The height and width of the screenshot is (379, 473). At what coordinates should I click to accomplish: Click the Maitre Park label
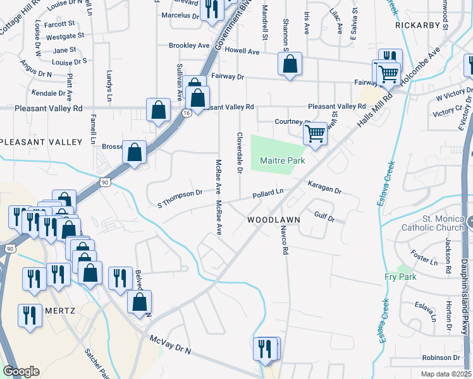click(283, 160)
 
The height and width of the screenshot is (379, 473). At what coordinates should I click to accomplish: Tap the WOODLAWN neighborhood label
click(273, 219)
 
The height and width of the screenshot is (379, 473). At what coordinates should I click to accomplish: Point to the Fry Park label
click(400, 277)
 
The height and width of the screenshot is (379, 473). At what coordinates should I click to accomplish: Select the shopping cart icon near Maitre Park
click(315, 134)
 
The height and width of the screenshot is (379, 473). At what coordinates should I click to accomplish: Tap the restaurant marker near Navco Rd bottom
click(265, 347)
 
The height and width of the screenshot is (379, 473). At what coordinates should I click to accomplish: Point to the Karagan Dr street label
click(324, 188)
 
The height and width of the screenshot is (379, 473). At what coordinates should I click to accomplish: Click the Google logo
click(21, 371)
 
